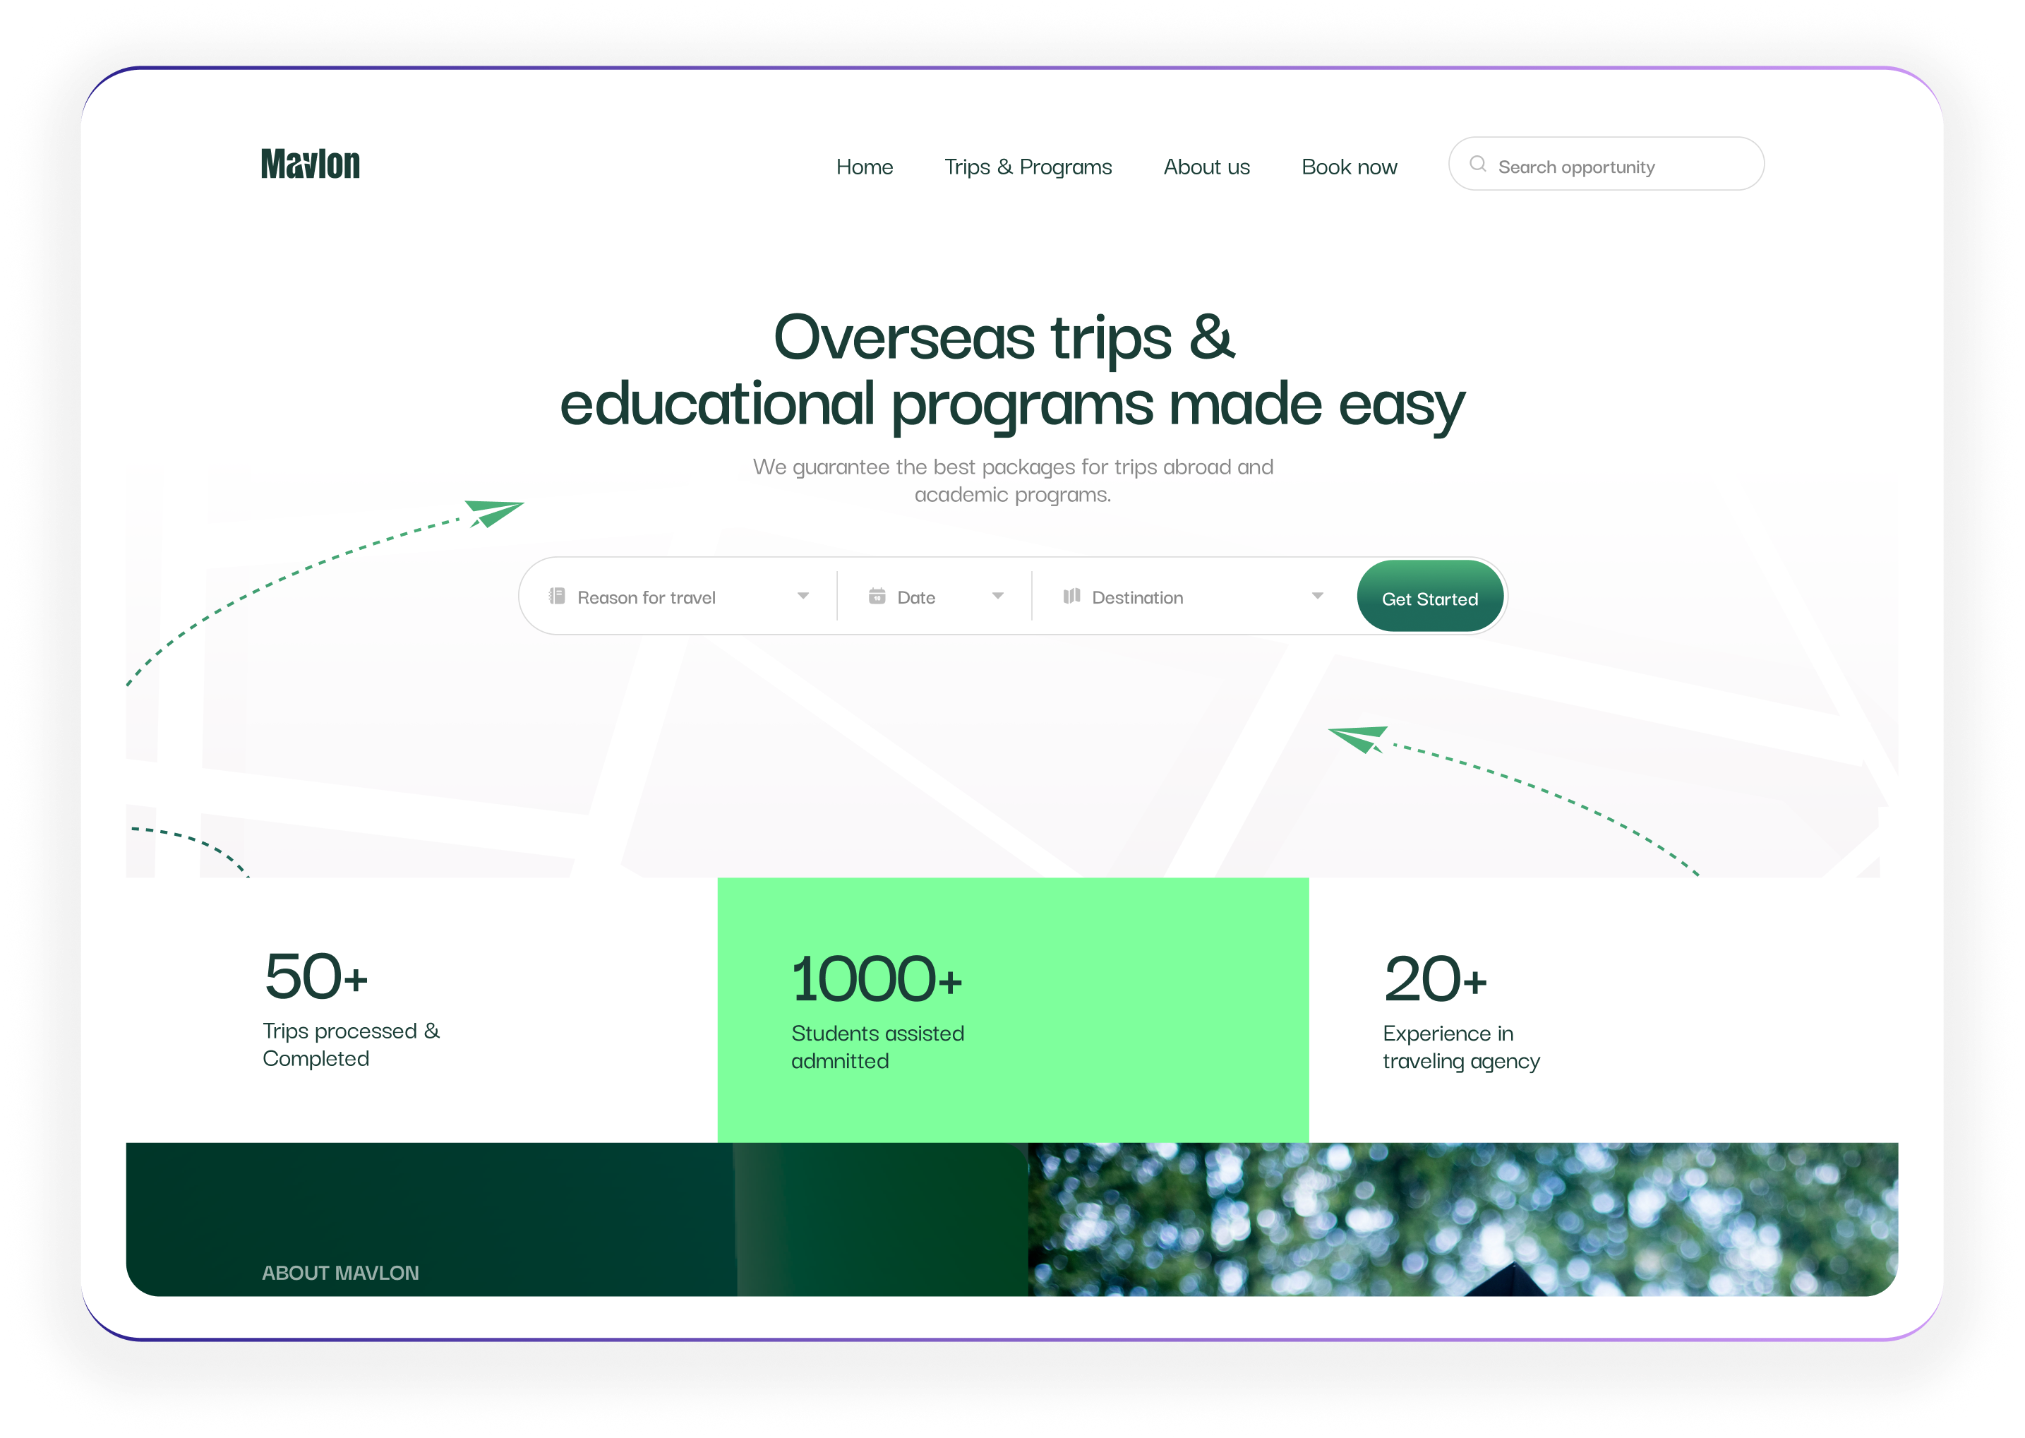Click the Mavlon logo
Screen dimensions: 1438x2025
click(x=310, y=164)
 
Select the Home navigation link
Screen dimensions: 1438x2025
click(x=864, y=167)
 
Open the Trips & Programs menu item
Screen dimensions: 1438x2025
click(x=1028, y=167)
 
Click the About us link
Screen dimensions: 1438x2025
click(x=1206, y=167)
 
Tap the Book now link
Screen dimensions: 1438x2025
click(x=1349, y=167)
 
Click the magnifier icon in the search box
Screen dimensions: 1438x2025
click(x=1477, y=164)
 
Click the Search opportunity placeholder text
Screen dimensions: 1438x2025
click(x=1575, y=167)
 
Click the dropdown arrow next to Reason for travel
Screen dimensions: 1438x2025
click(x=803, y=596)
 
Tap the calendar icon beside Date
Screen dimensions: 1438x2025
click(x=876, y=596)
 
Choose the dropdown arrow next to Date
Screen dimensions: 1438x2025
click(x=997, y=596)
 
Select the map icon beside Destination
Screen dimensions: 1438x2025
click(x=1071, y=596)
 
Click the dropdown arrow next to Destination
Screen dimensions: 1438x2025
click(x=1317, y=596)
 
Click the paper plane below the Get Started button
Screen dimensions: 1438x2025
click(x=1359, y=738)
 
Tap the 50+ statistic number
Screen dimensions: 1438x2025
click(x=316, y=977)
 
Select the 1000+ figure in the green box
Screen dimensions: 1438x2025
click(x=876, y=979)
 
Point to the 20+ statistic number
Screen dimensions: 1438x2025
click(x=1435, y=979)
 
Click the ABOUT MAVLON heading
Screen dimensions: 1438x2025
click(x=340, y=1272)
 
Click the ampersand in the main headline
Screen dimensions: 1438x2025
click(x=1210, y=337)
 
